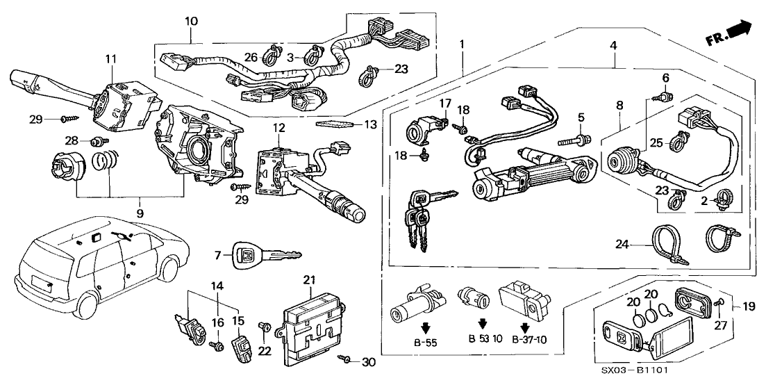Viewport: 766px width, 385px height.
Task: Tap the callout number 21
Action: [309, 279]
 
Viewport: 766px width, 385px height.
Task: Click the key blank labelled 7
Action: [267, 255]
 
